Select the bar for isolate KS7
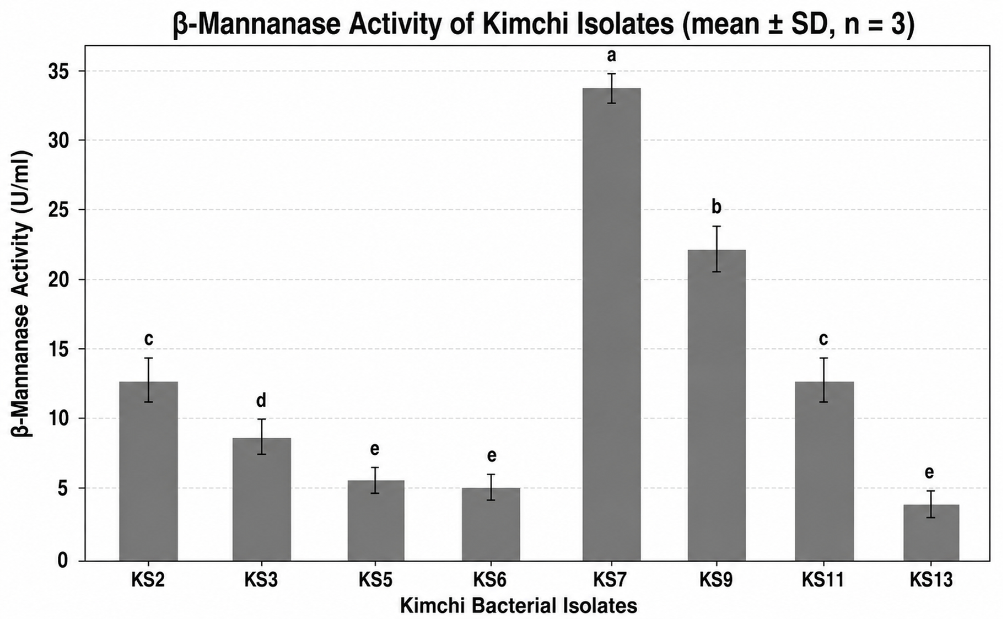point(611,324)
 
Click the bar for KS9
point(717,405)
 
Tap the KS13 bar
point(931,532)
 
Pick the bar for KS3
point(261,499)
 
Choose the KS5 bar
point(375,520)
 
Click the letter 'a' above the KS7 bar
point(611,55)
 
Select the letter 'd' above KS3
point(261,400)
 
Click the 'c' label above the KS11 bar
point(823,339)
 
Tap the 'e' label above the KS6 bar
point(492,456)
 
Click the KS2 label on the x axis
point(148,580)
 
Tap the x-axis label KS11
point(823,580)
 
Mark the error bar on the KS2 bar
point(149,380)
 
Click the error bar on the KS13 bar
point(931,504)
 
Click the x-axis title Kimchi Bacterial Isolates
point(519,606)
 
